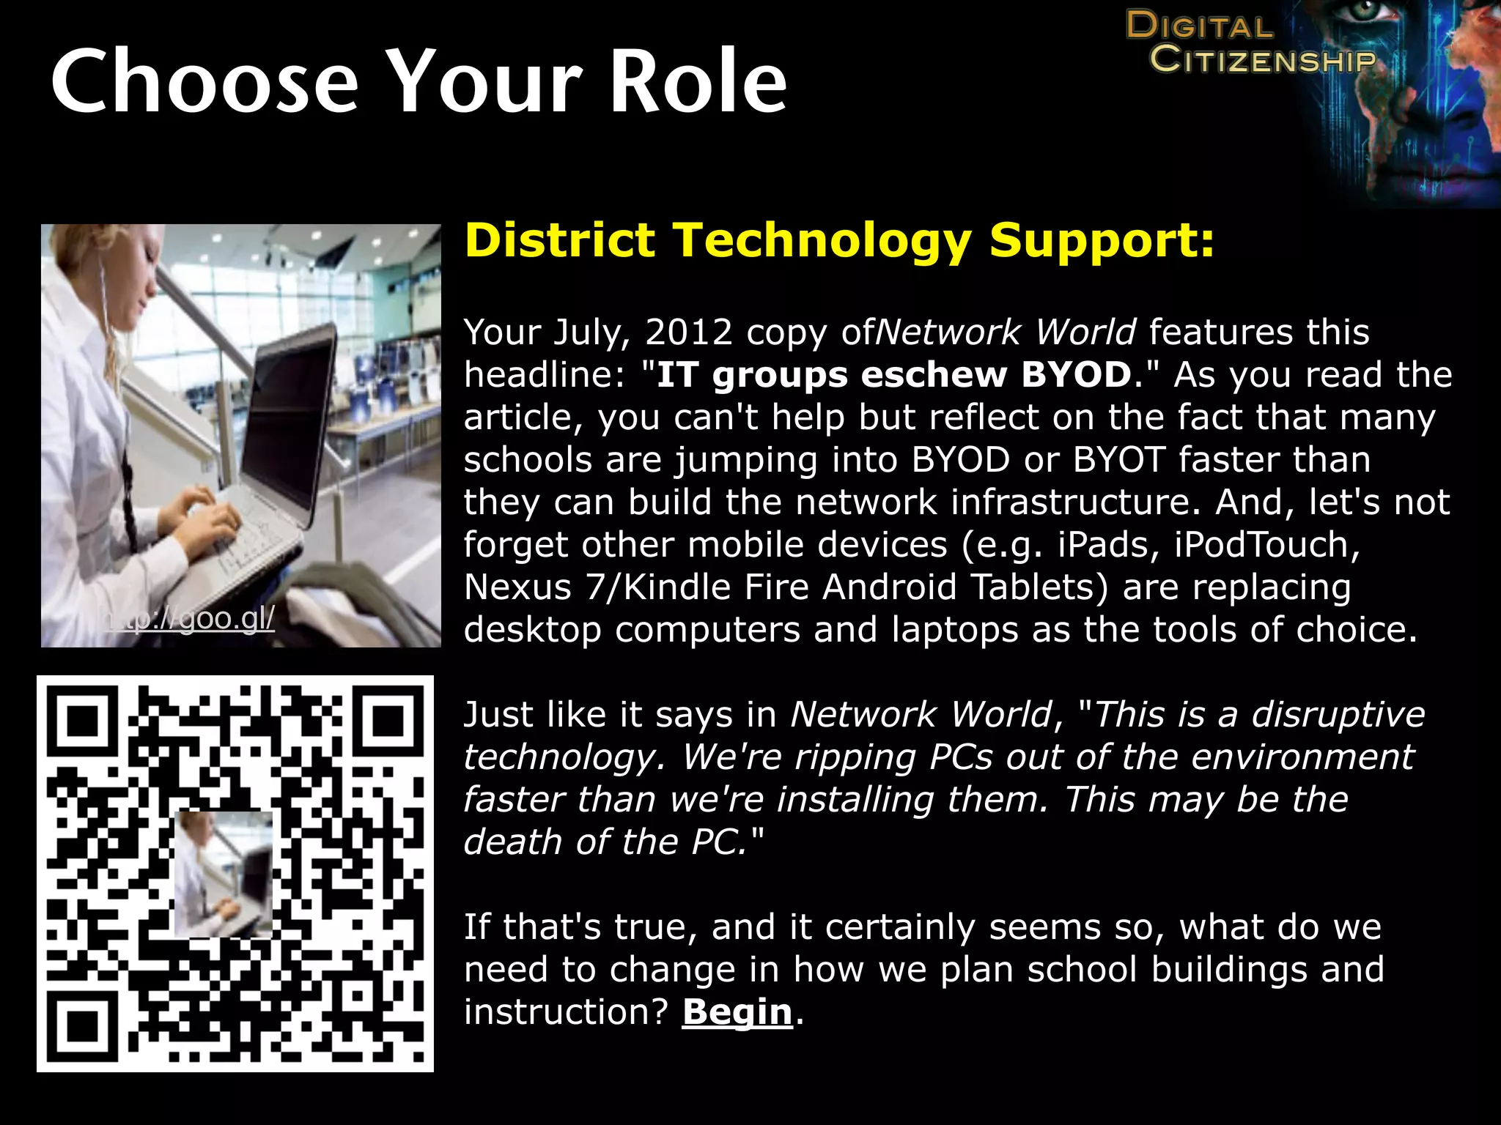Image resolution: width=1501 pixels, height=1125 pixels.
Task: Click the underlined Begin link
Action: (737, 1012)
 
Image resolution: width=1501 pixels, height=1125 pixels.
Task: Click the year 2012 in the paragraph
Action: (688, 333)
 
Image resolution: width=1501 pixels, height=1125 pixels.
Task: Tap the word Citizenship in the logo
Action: (1262, 59)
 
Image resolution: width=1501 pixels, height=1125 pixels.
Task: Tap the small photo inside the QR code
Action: (223, 874)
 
